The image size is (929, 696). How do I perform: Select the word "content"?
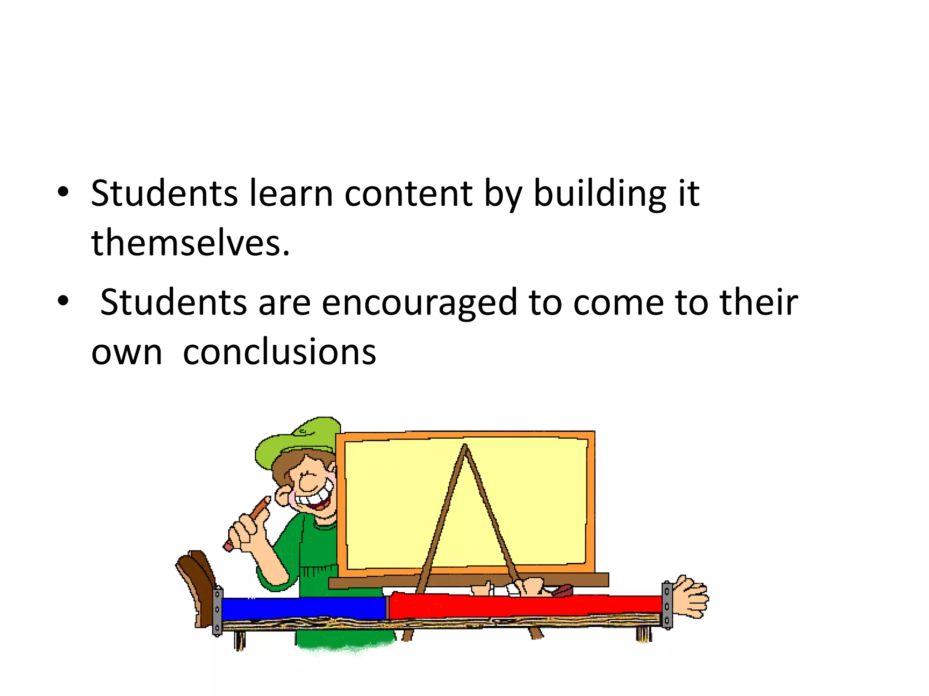point(408,193)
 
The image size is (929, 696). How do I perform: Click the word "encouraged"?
point(420,302)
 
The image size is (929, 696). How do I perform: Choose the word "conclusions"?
point(279,352)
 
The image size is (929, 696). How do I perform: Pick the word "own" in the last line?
point(127,353)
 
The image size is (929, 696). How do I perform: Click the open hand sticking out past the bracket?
point(690,596)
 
